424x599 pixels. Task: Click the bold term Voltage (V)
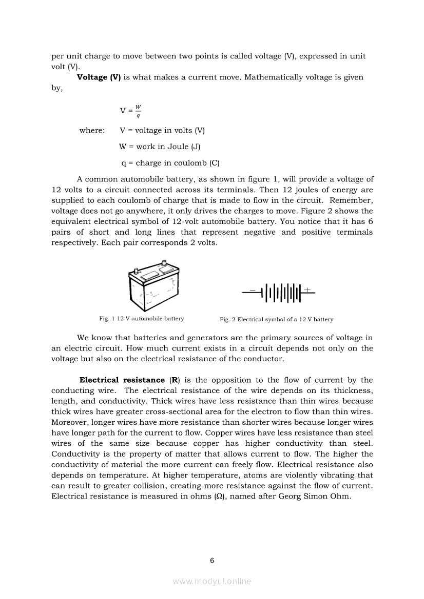coord(99,77)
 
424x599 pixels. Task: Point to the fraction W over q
coord(138,111)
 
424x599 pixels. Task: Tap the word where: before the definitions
coord(92,131)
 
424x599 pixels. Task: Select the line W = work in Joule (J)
coord(160,147)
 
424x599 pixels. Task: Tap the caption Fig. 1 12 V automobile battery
coord(142,319)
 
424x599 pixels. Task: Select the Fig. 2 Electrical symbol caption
coord(276,319)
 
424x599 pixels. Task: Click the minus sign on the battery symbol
coord(253,290)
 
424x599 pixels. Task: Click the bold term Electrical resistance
coord(122,380)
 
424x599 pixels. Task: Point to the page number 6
coord(212,560)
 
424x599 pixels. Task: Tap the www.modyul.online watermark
coord(212,581)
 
